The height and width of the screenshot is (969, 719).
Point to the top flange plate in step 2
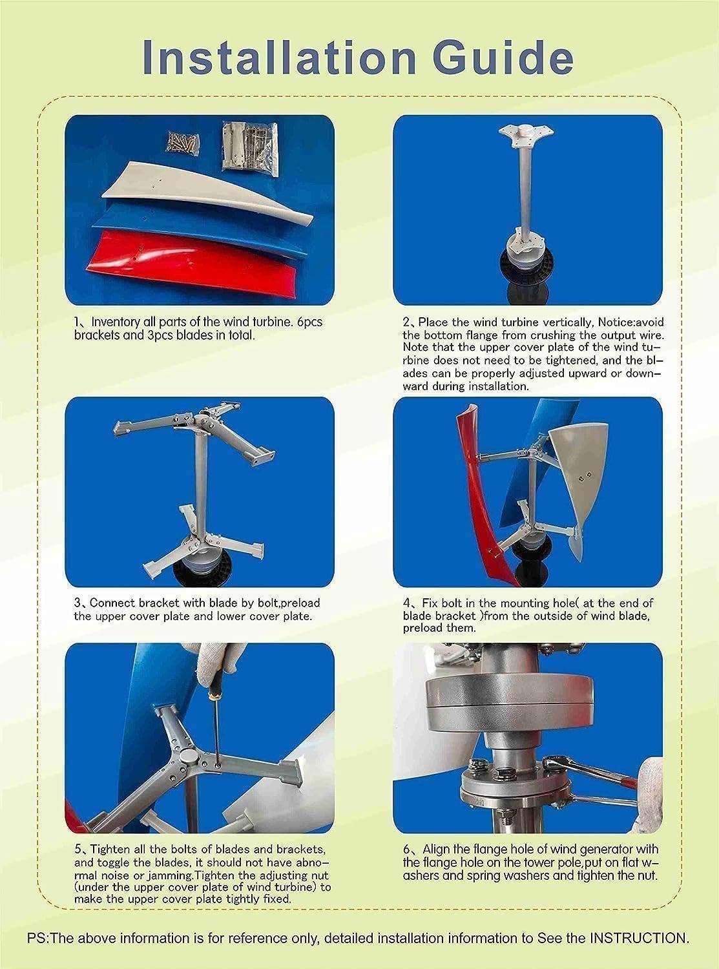click(x=521, y=134)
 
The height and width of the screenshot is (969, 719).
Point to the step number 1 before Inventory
click(x=76, y=322)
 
